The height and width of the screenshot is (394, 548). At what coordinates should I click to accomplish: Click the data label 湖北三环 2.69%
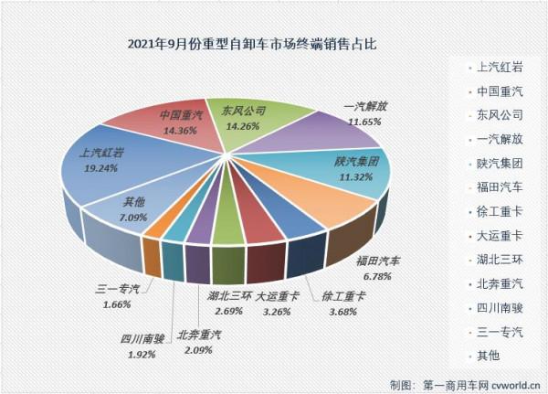pyautogui.click(x=225, y=303)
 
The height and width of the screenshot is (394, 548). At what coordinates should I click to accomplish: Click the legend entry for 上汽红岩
pyautogui.click(x=497, y=67)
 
